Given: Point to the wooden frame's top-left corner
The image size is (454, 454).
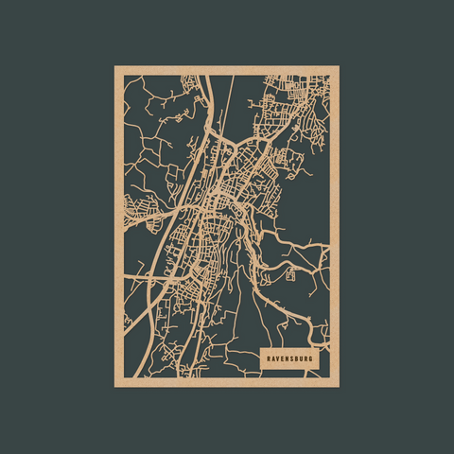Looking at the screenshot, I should [116, 67].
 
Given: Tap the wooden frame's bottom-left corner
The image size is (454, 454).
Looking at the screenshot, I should [116, 385].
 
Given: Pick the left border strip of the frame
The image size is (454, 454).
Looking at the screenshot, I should [119, 227].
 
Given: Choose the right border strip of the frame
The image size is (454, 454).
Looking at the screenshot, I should [335, 227].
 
